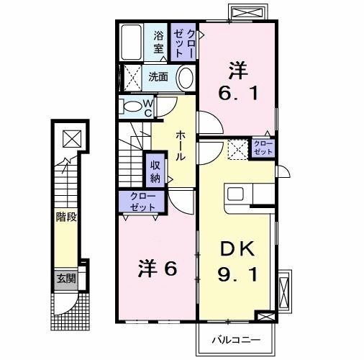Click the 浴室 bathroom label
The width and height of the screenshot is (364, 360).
click(x=158, y=42)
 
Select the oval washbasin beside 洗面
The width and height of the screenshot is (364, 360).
click(x=185, y=78)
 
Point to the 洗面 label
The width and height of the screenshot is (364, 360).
click(x=158, y=76)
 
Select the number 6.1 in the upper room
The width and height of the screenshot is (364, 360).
click(x=237, y=92)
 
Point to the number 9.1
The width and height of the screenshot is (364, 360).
click(x=237, y=274)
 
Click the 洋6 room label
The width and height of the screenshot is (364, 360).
click(x=159, y=268)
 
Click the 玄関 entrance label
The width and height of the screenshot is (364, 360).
click(x=66, y=278)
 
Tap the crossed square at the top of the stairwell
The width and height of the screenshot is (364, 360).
click(x=70, y=138)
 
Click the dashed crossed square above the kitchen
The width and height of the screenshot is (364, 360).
click(x=238, y=149)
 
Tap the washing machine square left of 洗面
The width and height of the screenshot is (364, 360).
click(x=132, y=76)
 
